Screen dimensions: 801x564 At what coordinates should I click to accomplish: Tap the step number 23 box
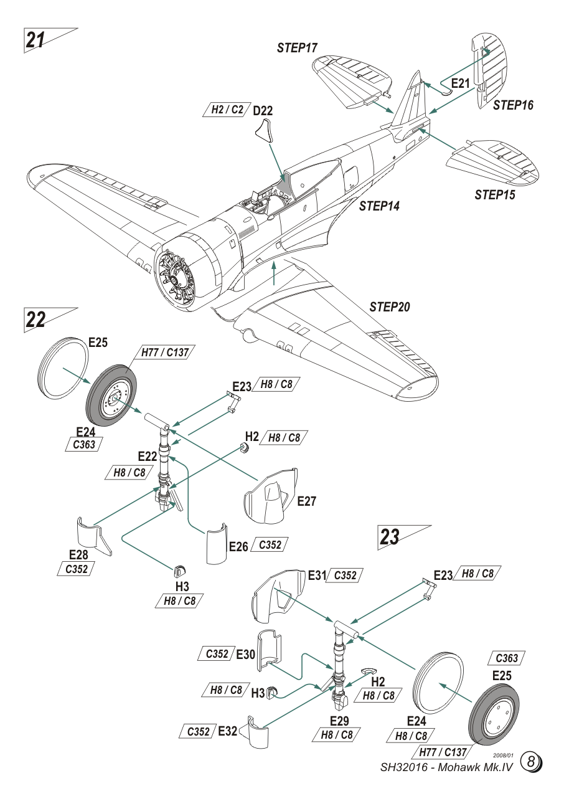click(x=390, y=537)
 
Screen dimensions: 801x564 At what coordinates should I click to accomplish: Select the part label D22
click(x=263, y=110)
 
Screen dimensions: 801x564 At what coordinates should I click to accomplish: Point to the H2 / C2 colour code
click(x=227, y=110)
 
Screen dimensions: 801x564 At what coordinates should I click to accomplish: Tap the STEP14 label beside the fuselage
click(x=379, y=206)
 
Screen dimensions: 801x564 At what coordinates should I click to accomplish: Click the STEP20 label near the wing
click(x=390, y=307)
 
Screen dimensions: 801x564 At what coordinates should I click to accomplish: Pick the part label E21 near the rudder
click(x=461, y=83)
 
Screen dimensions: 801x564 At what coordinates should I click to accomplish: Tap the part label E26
click(x=238, y=547)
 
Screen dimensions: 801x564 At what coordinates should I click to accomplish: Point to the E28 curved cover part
click(x=93, y=534)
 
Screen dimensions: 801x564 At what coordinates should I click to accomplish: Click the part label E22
click(x=148, y=457)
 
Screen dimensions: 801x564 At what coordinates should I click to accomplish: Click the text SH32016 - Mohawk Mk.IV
click(x=446, y=766)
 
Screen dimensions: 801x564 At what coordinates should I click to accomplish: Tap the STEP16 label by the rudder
click(x=513, y=105)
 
